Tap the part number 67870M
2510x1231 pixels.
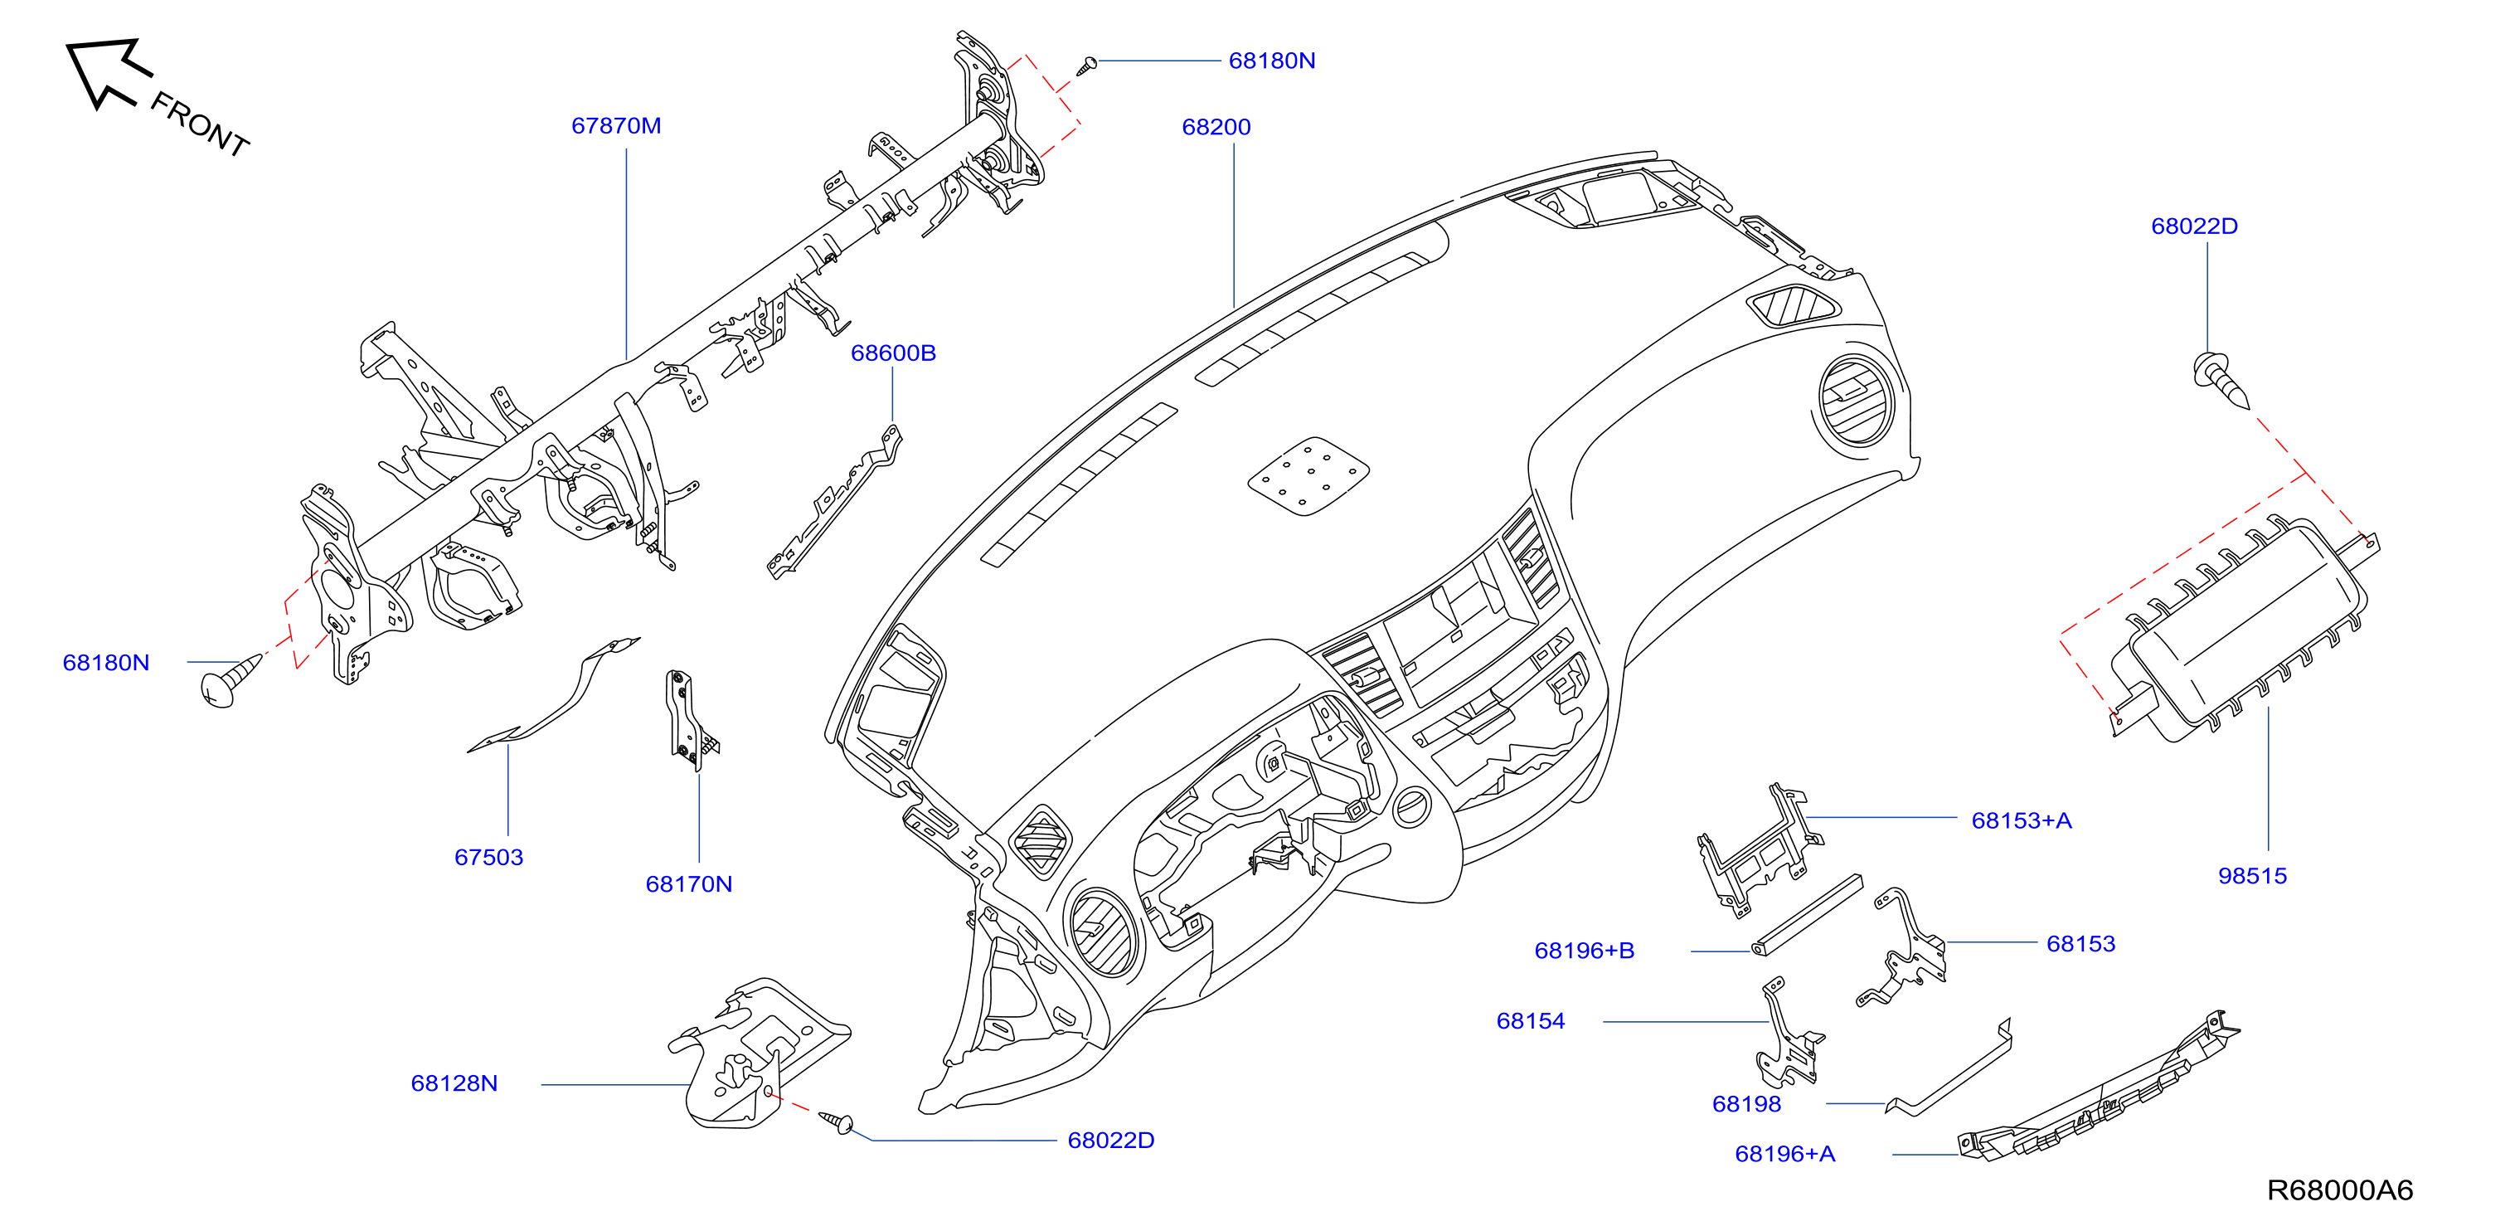click(x=616, y=126)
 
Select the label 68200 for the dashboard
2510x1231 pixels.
click(x=1216, y=127)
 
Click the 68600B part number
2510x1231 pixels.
click(x=892, y=353)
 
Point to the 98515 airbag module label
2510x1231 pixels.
click(x=2252, y=875)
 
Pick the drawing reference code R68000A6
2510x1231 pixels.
click(x=2339, y=1190)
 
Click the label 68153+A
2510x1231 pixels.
click(x=2021, y=820)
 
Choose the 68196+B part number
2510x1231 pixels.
click(x=1585, y=951)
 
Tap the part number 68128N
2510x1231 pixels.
click(x=454, y=1083)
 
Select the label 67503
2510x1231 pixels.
click(x=488, y=857)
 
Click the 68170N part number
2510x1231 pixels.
click(x=689, y=884)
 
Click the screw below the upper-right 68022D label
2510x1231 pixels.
click(x=2221, y=380)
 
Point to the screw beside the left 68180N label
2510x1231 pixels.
click(x=230, y=680)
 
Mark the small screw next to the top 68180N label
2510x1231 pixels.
click(x=1086, y=66)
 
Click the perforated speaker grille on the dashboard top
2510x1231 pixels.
click(x=1308, y=475)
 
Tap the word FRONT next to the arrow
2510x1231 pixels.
click(x=201, y=124)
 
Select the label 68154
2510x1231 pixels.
click(x=1530, y=1020)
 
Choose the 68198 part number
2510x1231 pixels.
click(x=1746, y=1103)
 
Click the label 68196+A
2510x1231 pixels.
click(x=1784, y=1153)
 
